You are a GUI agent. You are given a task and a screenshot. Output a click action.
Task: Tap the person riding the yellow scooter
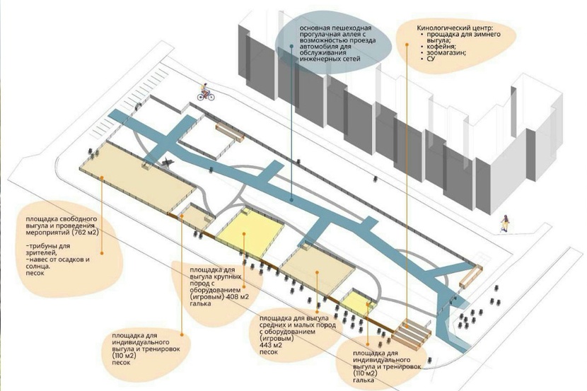505,223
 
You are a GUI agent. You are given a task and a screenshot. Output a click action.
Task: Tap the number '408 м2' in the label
236,297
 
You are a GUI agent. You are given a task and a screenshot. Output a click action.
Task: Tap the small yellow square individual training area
357,302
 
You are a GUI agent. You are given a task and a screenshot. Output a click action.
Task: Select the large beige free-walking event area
138,177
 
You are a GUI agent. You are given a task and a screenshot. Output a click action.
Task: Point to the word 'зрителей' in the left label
40,252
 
